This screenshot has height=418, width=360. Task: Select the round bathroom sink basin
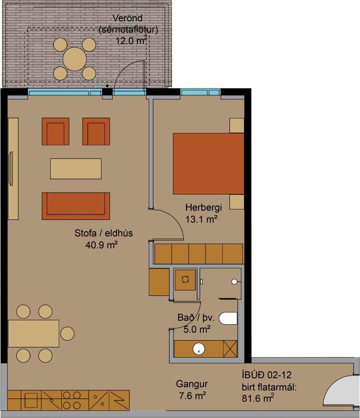199,349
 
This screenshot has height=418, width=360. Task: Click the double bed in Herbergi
208,163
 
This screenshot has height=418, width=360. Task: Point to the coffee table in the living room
76,168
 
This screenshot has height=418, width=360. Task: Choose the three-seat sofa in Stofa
76,206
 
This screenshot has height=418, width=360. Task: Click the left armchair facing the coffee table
55,132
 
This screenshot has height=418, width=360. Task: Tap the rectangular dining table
33,333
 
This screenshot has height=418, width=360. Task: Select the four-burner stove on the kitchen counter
71,400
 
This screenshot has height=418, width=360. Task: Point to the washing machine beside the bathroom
185,279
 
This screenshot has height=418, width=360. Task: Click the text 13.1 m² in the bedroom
202,219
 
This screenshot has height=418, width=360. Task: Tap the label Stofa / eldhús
104,233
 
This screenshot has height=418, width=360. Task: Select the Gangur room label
192,384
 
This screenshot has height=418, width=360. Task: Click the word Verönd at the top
128,18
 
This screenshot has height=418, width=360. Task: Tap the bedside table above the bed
236,125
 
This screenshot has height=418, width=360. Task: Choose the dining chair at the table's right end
67,334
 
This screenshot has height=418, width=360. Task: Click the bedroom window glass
200,92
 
